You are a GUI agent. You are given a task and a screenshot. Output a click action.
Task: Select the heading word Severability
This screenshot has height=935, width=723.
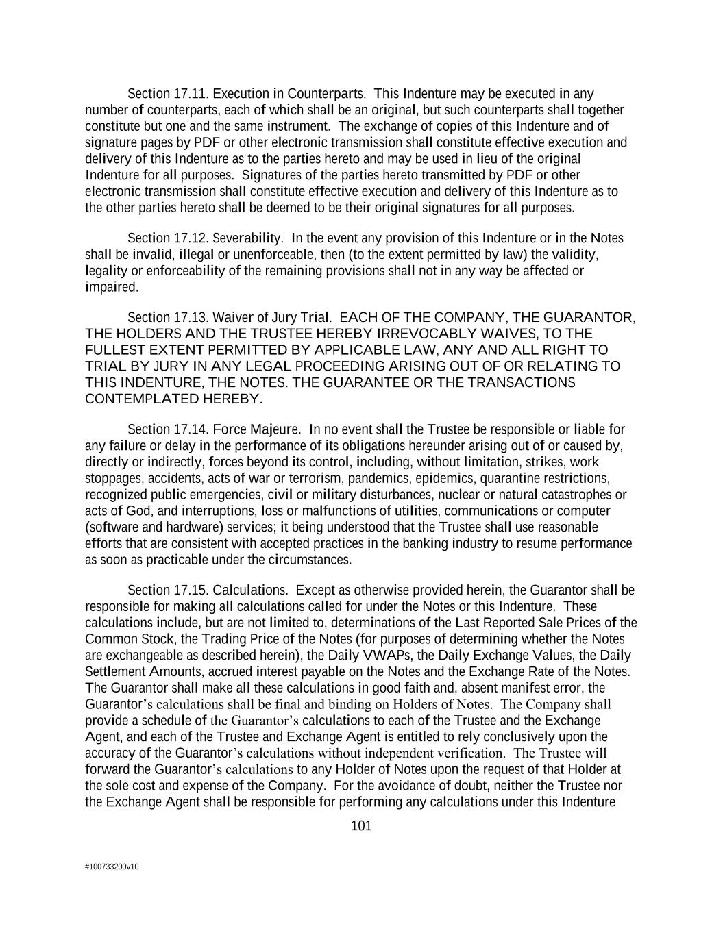tap(247, 238)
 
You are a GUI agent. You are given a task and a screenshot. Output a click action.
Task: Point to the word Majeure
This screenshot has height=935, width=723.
tap(278, 429)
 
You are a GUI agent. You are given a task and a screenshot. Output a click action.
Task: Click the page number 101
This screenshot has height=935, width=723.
tap(361, 826)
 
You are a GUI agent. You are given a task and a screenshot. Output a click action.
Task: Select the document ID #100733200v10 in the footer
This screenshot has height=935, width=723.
tap(112, 867)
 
